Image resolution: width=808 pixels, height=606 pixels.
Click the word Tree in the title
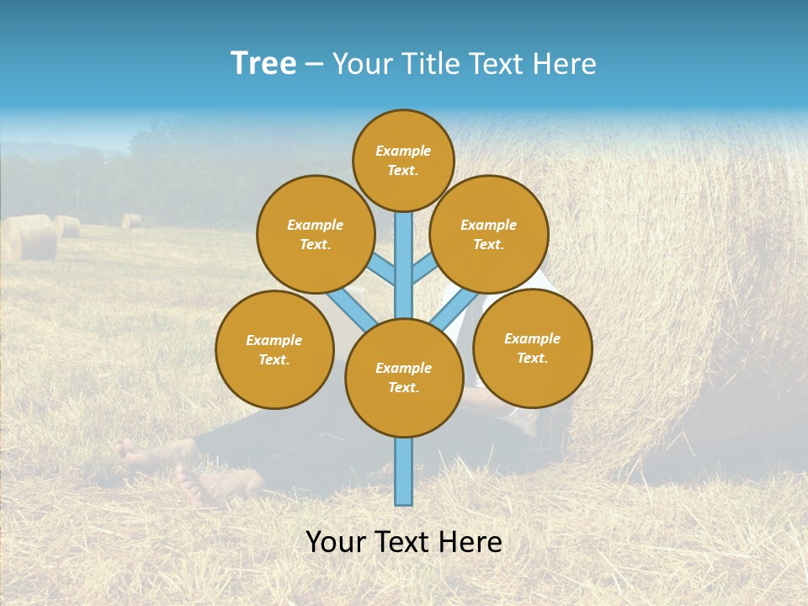(263, 63)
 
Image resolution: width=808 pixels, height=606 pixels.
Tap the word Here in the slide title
(563, 64)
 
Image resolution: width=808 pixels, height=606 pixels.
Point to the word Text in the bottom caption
(409, 542)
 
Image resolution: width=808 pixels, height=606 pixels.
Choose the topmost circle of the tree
(403, 160)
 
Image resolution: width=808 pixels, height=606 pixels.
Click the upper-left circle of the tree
(315, 234)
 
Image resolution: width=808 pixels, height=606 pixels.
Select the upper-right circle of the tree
(489, 234)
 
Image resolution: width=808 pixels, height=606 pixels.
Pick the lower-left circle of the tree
(274, 349)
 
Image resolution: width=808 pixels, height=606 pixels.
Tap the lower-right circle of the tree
(532, 348)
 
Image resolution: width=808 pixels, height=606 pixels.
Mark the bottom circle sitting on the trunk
(404, 377)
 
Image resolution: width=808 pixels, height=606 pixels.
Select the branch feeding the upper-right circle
(426, 270)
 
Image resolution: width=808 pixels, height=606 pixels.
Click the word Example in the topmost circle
(403, 151)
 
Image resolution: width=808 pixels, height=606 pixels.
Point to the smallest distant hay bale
(131, 221)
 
